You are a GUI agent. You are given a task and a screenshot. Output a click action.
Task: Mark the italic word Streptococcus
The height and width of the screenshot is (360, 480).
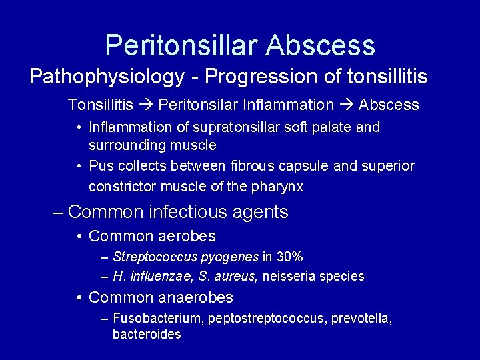(152, 257)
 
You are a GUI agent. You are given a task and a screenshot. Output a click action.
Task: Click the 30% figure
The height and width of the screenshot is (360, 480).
(289, 257)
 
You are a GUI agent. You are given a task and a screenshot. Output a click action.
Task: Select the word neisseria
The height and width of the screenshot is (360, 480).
(289, 276)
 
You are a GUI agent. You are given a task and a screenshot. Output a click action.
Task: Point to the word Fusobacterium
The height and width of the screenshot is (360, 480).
(158, 319)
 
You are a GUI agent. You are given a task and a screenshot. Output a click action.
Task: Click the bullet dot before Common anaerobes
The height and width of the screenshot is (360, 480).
(79, 297)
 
